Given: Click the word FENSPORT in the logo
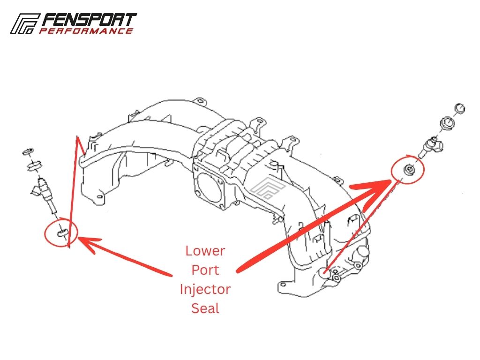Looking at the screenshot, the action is tap(89, 20).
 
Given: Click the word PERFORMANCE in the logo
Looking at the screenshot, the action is tap(86, 31).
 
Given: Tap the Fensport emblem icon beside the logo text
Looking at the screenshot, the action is tap(24, 23).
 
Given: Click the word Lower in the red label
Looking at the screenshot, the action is tap(205, 251).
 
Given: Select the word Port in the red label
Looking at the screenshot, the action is tap(205, 270).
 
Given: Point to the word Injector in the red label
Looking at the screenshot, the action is tap(205, 290).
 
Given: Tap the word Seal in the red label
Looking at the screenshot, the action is tap(205, 308).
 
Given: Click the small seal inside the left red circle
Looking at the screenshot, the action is tap(61, 233).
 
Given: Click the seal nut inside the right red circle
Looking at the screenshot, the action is tap(409, 169).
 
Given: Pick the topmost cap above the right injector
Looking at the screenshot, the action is tap(460, 108).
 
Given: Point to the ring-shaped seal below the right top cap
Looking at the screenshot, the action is tap(447, 123).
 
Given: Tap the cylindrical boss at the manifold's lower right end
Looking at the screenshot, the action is tap(363, 252).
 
